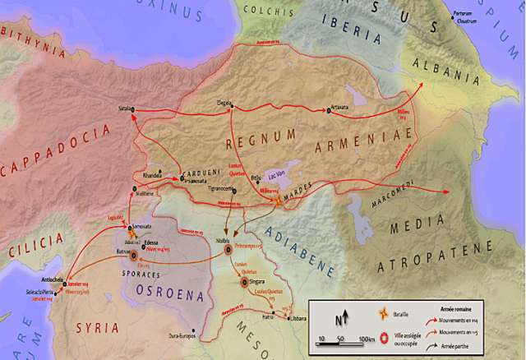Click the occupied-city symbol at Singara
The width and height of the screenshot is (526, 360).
[x=243, y=282]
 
